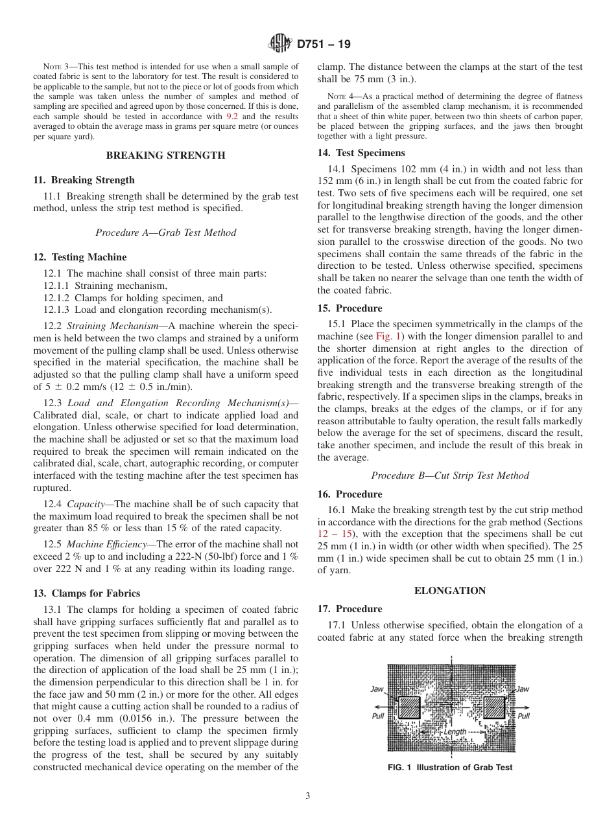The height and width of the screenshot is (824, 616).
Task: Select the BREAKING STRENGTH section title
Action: click(x=165, y=155)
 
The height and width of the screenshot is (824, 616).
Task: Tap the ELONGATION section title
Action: click(x=450, y=590)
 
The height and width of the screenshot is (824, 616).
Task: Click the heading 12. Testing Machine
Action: click(x=80, y=257)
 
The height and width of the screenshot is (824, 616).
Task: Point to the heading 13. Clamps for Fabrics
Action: click(x=86, y=593)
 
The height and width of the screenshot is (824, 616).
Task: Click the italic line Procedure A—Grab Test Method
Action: click(x=165, y=233)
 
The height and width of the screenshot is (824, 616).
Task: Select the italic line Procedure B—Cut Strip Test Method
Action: click(x=450, y=475)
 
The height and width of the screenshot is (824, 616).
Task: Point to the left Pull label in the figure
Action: click(x=378, y=716)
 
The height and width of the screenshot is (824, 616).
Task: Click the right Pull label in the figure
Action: click(x=523, y=716)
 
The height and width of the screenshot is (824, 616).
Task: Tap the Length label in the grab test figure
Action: click(x=455, y=731)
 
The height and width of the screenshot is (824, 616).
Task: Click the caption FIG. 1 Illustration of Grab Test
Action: click(x=450, y=768)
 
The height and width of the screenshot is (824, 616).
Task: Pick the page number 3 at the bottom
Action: click(x=308, y=796)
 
